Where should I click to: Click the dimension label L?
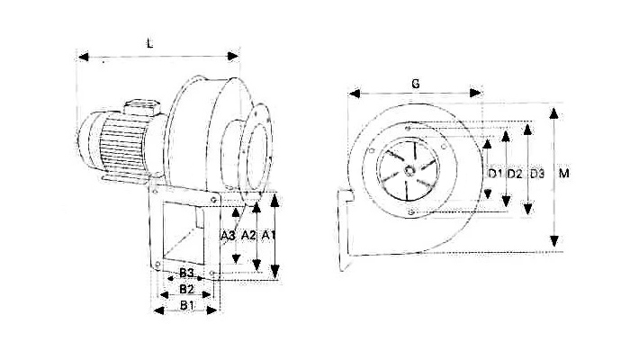click(x=150, y=43)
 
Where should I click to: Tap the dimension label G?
click(x=416, y=84)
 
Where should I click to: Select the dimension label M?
click(x=564, y=174)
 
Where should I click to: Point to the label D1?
click(x=495, y=174)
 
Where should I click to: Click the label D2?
click(x=515, y=174)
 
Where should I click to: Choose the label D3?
click(x=537, y=174)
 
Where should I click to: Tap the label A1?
click(x=268, y=236)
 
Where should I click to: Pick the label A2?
click(x=248, y=236)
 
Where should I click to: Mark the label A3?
click(x=228, y=236)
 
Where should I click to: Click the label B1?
click(x=187, y=305)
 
